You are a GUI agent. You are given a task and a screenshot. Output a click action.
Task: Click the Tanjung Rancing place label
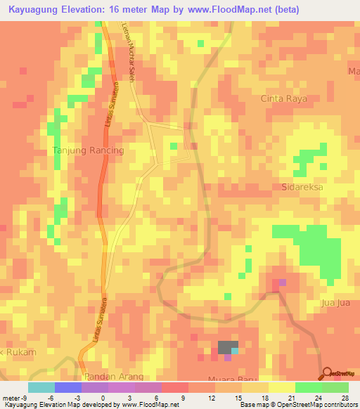pos(89,150)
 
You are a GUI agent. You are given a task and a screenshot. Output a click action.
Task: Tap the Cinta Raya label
pos(284,99)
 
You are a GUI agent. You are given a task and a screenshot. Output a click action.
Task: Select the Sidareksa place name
pos(296,189)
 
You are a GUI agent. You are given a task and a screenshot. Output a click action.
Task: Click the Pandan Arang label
pos(108,377)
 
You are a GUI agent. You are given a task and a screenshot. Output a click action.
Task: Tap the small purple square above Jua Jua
pos(283,283)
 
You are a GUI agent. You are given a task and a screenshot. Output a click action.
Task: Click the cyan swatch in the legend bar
pos(41,387)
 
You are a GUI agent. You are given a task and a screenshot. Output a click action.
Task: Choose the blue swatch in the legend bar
pos(67,387)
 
